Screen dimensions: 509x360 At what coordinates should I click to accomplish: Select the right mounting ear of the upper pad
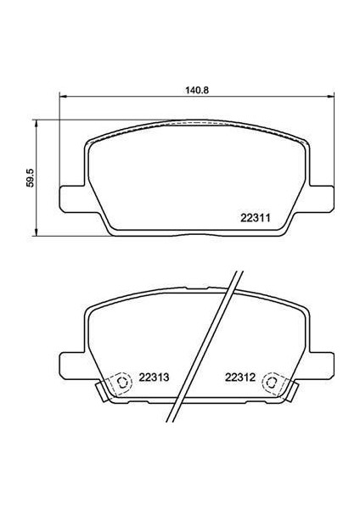[321, 197]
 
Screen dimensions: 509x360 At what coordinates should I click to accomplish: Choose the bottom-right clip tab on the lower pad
[291, 391]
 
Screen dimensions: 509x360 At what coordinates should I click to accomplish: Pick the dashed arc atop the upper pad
[195, 124]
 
